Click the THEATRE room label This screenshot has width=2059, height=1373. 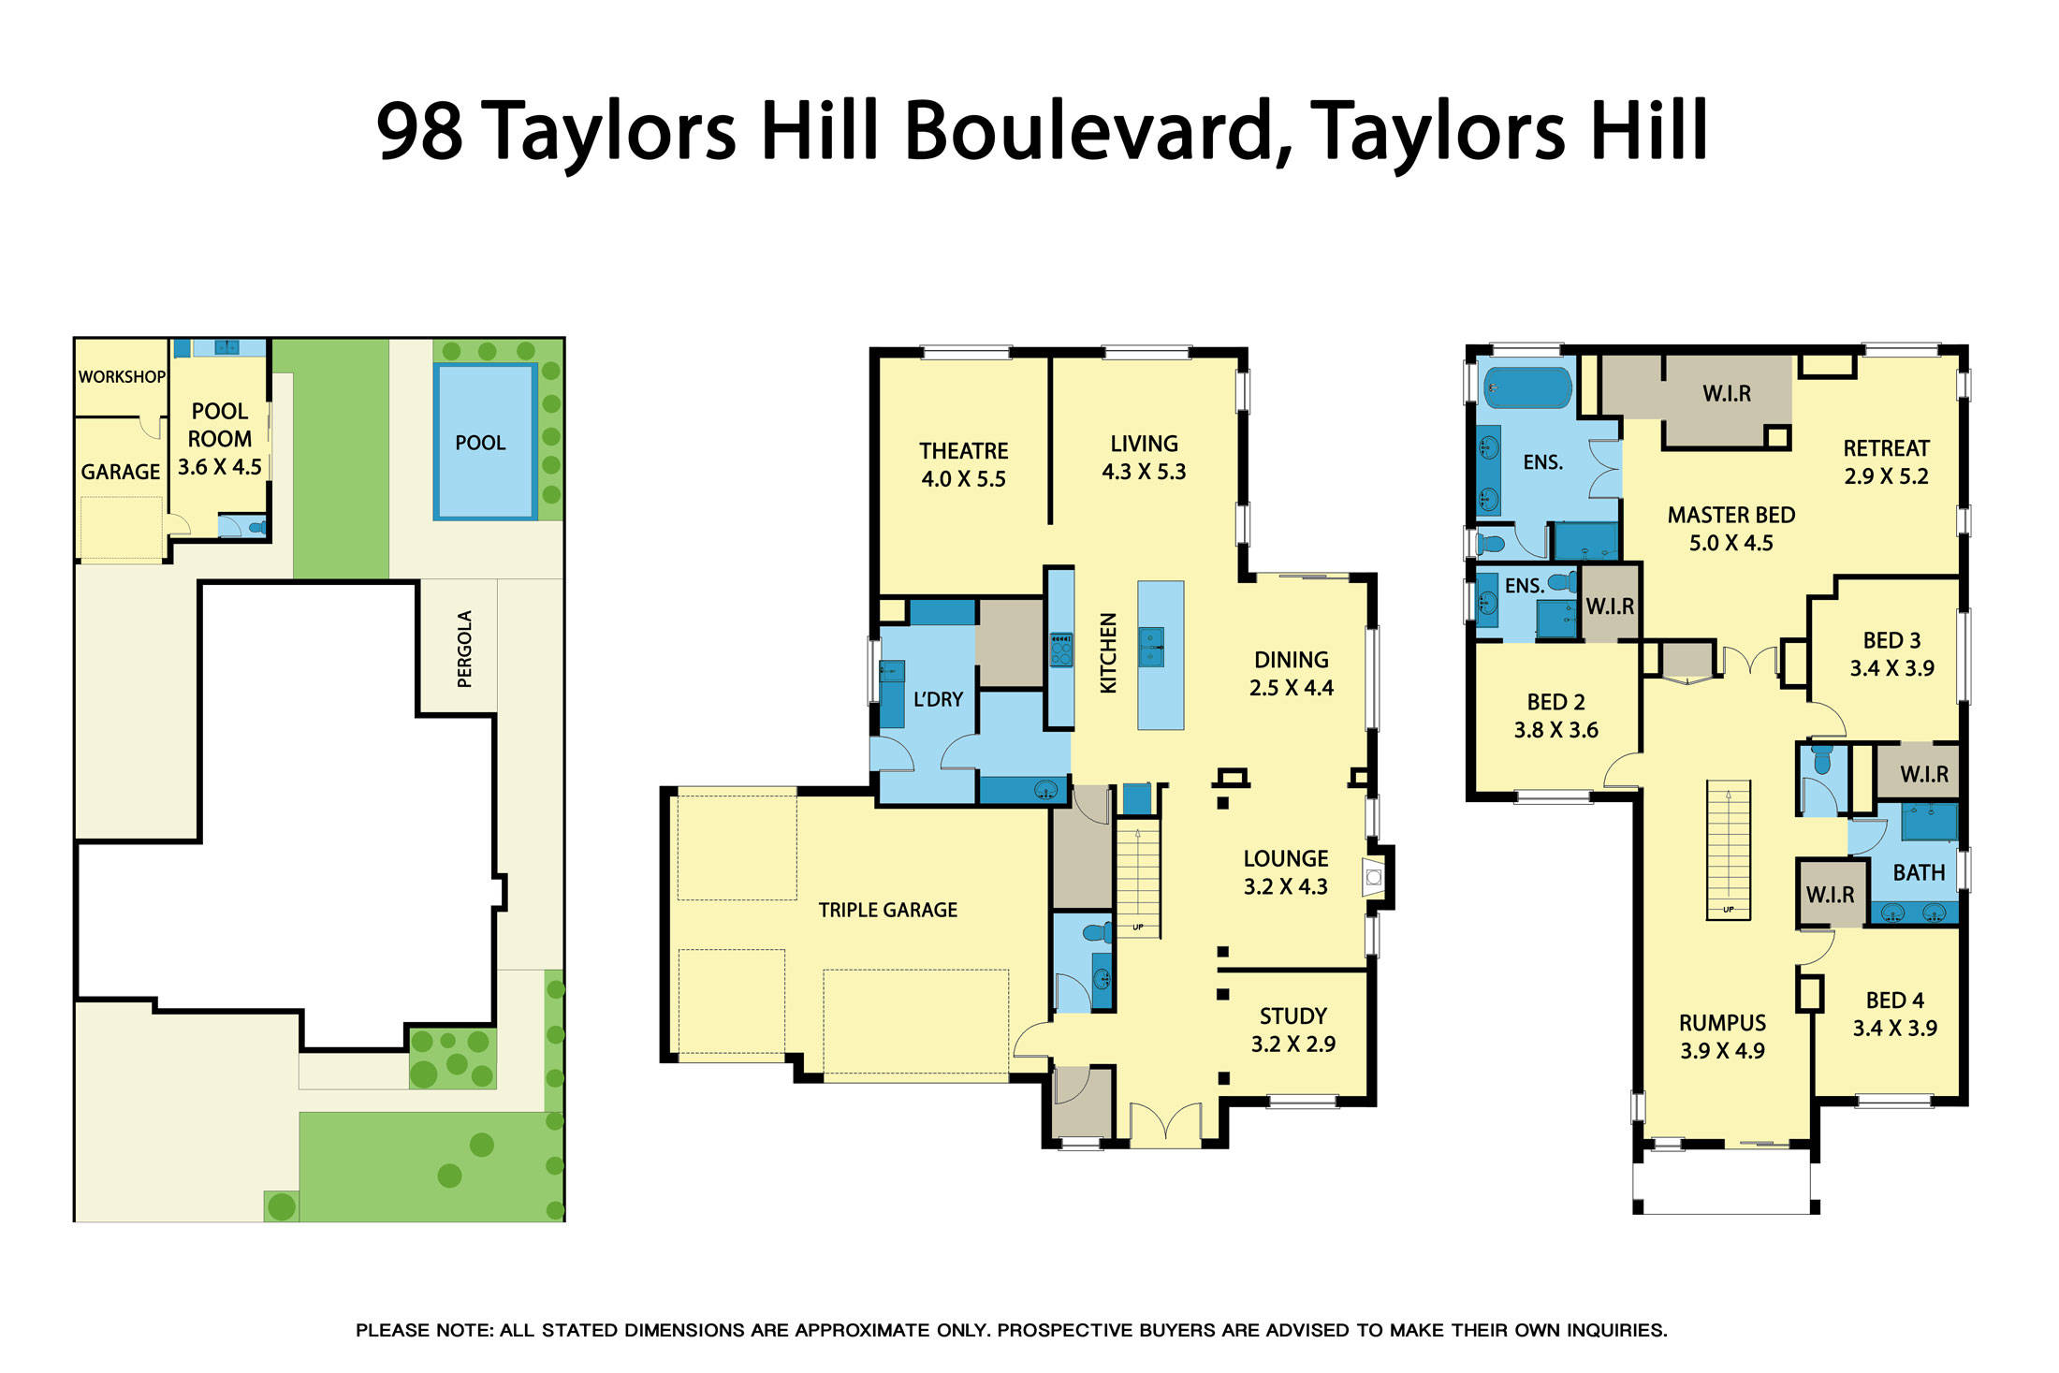(963, 451)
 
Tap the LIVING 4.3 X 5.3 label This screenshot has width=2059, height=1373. (1144, 458)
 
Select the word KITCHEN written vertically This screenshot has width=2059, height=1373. (1108, 652)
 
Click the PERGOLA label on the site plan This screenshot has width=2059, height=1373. (464, 649)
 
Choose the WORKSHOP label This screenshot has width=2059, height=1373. (122, 377)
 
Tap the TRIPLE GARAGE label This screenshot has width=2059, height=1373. (887, 910)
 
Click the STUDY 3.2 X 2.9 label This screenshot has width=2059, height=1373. (1293, 1030)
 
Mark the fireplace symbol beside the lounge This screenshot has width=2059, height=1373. (1373, 878)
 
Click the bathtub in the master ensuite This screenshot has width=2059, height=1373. (1527, 387)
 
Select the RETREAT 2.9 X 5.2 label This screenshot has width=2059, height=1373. (1886, 462)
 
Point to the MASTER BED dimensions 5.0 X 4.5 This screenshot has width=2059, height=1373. (1730, 543)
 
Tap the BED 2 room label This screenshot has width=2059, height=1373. (1555, 702)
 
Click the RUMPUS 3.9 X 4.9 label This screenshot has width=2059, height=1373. (1722, 1037)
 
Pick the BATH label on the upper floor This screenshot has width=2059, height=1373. (1919, 872)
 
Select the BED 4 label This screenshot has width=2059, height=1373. (1894, 1001)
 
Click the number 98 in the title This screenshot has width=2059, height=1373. (419, 131)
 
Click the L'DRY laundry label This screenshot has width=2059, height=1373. (938, 699)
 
